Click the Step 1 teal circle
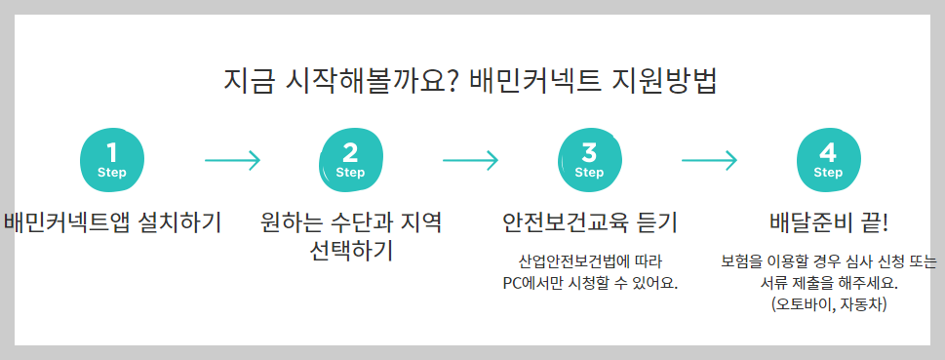112,160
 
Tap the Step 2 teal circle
350,160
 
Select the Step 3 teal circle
589,160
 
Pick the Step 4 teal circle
828,160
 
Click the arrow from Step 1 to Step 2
232,160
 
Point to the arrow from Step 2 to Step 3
470,160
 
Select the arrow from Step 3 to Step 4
709,160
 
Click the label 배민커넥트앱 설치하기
112,222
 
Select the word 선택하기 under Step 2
350,252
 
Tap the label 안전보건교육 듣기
589,222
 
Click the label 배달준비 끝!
828,222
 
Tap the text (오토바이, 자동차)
828,304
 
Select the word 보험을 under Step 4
742,262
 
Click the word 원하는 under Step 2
290,222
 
